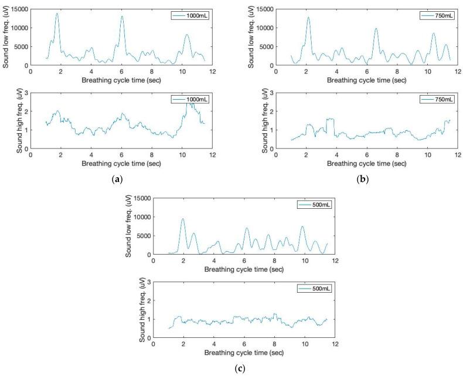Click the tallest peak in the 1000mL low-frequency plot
pyautogui.click(x=57, y=13)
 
